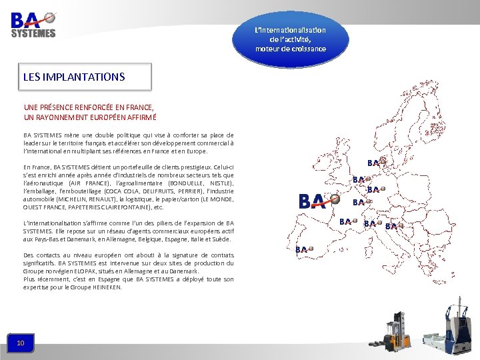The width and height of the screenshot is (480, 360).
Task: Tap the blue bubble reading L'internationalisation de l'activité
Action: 290,39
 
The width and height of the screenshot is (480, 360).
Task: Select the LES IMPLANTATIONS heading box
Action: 85,77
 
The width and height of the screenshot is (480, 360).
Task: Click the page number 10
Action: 21,343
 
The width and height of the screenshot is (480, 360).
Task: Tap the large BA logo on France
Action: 313,200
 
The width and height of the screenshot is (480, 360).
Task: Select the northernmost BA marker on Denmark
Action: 377,162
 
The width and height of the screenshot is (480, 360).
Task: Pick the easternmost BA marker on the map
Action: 394,226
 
